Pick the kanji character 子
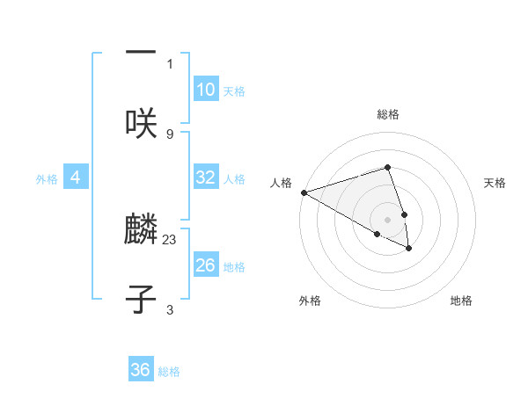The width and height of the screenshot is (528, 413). (141, 299)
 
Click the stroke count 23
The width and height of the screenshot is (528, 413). (170, 238)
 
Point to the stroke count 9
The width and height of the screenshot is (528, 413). (170, 134)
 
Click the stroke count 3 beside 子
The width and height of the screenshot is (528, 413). (170, 309)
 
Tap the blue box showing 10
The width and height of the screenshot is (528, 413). (206, 90)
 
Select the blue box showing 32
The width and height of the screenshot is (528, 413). (206, 178)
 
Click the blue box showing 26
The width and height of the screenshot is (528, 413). (206, 265)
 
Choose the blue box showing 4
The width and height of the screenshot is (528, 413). (76, 178)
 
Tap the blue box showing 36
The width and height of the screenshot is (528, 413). (141, 370)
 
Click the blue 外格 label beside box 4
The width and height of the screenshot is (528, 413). (47, 179)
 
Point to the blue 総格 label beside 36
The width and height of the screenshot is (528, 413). (169, 372)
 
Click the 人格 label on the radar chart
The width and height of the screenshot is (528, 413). (281, 183)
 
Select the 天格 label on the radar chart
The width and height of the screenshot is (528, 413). (495, 183)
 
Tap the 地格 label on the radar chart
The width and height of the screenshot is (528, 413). (461, 301)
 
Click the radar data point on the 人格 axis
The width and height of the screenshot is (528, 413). (304, 192)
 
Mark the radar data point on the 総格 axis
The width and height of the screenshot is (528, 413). (387, 167)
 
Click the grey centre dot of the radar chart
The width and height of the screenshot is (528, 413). (387, 219)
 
